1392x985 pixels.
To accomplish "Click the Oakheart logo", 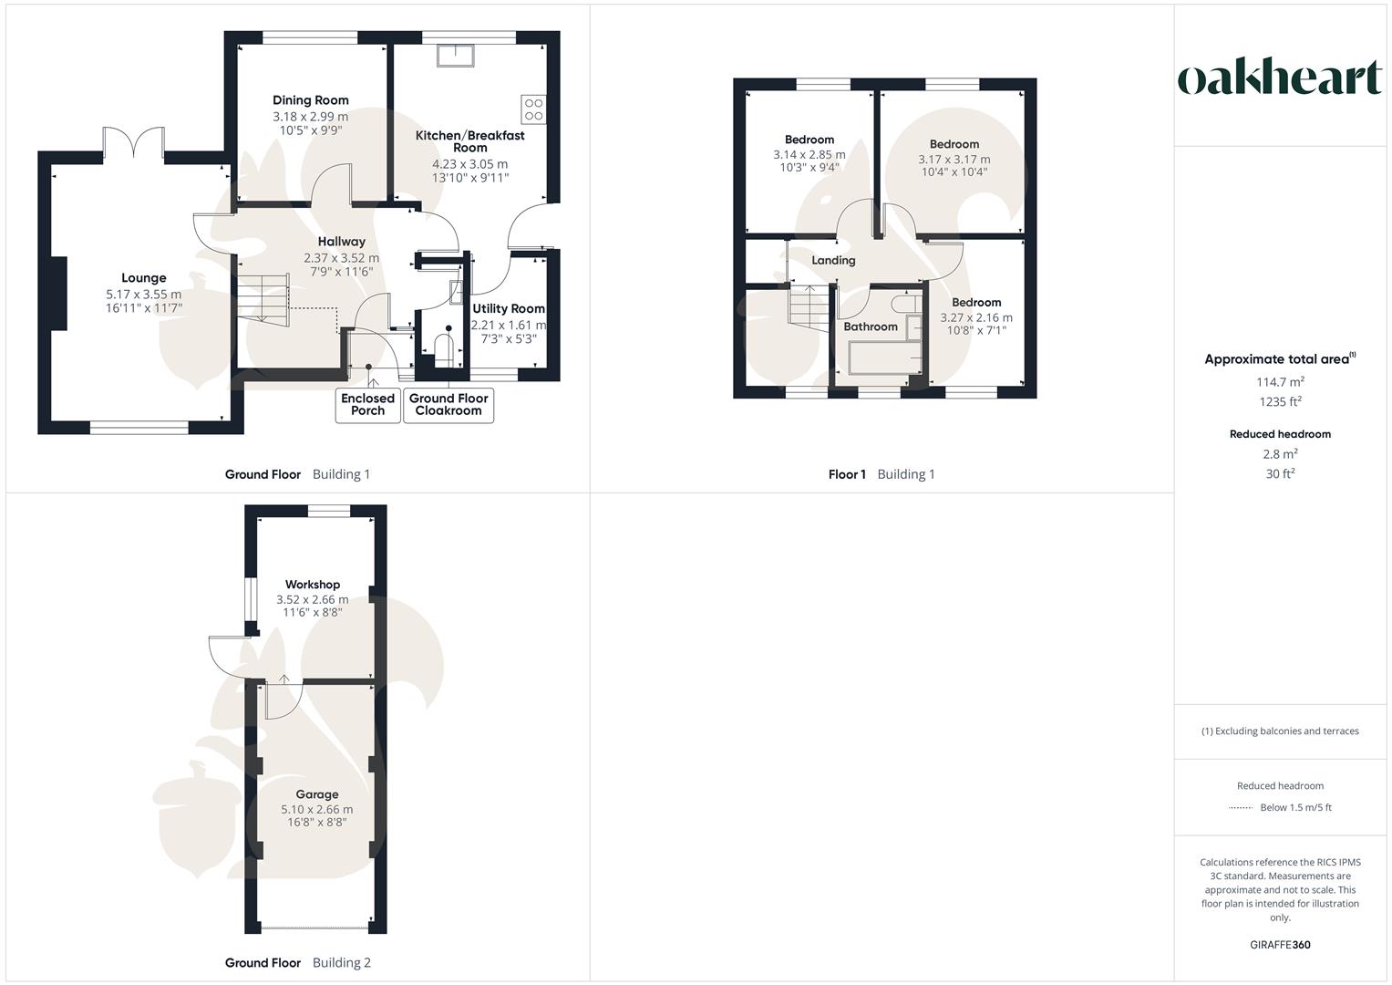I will coord(1280,78).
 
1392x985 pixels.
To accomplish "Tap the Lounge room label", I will coord(144,278).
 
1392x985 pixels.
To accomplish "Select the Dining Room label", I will coord(310,100).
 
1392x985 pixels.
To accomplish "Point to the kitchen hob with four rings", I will coord(533,109).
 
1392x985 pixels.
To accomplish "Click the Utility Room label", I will coord(509,309).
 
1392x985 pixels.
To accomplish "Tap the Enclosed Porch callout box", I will coord(368,404).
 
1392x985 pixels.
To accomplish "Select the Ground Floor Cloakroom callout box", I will coord(449,404).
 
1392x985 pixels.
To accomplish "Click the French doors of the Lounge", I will coord(134,143).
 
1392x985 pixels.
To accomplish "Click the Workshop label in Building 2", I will coord(313,585).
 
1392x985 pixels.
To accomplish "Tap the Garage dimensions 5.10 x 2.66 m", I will coord(316,809).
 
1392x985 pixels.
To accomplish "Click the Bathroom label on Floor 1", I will coord(871,327).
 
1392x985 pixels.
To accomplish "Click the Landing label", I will coord(833,260).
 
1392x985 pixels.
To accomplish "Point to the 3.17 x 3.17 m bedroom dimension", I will coord(954,159).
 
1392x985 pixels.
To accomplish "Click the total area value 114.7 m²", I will coord(1280,382).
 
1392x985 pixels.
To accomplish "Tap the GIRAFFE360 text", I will coord(1280,945).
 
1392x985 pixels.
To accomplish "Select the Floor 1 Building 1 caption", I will coord(882,474).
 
